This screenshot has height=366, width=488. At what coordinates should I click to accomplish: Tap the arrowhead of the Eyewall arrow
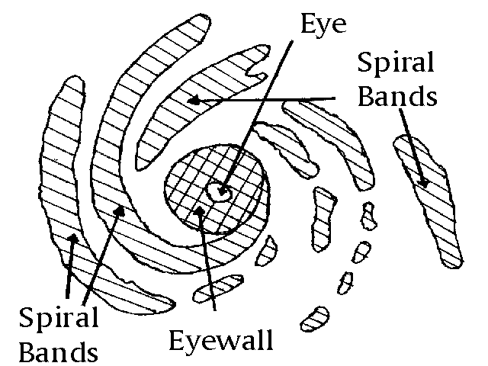[200, 209]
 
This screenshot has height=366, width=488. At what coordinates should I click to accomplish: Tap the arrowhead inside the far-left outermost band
[72, 239]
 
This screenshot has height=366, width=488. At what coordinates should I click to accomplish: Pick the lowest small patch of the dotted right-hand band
[313, 316]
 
